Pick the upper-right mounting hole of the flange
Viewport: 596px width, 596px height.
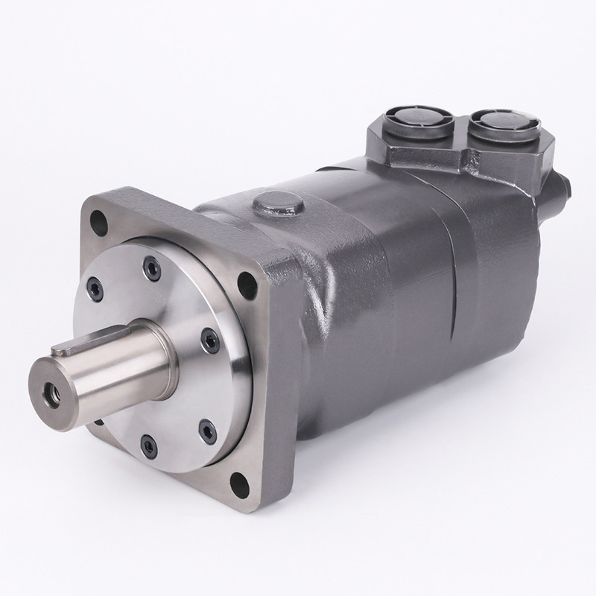[244, 282]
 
